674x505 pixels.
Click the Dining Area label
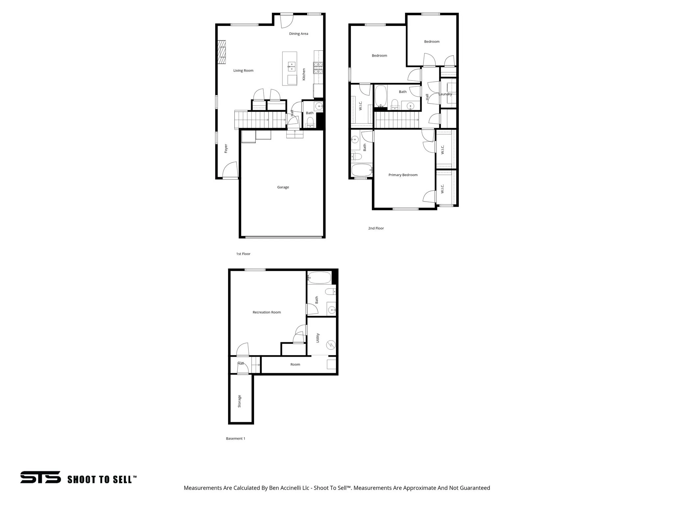point(298,34)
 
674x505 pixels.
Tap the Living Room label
point(243,70)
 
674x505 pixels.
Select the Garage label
point(283,187)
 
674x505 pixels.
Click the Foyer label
point(226,149)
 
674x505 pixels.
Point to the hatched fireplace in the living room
point(221,52)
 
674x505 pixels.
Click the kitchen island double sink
point(292,67)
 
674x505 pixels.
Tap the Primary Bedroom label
point(403,175)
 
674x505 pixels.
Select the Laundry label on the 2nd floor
point(445,94)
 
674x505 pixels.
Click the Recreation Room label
point(267,312)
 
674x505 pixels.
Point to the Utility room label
point(318,338)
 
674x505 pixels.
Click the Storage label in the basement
point(240,401)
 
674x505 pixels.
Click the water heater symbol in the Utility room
point(330,345)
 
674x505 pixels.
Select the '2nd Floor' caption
point(376,228)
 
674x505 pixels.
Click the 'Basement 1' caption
point(235,438)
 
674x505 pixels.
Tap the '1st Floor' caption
point(243,254)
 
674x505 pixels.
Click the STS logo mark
point(40,477)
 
